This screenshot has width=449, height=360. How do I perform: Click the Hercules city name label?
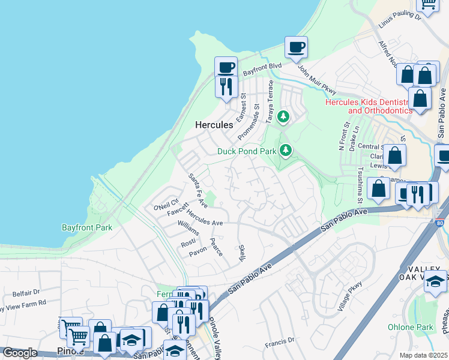click(214, 125)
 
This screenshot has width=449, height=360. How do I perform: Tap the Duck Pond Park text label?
click(246, 151)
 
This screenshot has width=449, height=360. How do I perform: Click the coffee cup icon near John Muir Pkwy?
click(296, 47)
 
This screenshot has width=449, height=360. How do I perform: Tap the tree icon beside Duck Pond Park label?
click(287, 149)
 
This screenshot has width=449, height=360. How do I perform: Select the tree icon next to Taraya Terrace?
click(283, 116)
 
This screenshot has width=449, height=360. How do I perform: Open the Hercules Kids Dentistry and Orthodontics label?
click(368, 106)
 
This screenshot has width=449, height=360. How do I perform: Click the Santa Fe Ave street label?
click(197, 191)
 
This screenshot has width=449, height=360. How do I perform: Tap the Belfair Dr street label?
click(26, 293)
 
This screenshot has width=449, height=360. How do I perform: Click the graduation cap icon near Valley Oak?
click(435, 281)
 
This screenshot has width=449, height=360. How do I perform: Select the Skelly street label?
click(242, 253)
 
